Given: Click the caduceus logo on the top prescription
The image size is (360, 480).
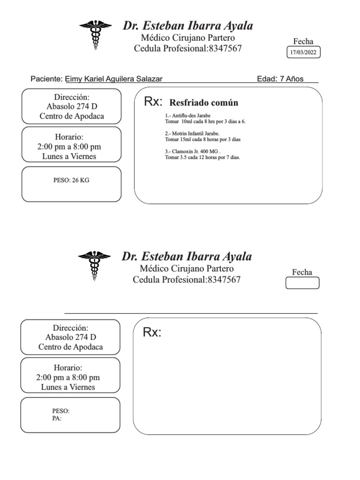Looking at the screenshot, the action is tap(95, 34).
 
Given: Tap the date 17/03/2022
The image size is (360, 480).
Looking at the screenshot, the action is tap(303, 52).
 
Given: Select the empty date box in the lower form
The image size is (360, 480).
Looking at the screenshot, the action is tap(302, 283).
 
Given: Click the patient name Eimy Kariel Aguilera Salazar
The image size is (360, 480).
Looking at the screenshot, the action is tap(114, 79).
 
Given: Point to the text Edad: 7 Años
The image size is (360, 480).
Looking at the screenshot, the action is tap(280, 79).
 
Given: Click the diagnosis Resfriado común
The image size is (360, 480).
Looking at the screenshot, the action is tap(203, 103).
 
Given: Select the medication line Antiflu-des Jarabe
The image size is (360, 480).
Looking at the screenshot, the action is tap(187, 115).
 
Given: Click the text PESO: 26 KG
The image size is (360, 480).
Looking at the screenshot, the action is tap(71, 180).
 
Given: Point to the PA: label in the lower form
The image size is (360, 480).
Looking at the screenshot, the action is tap(57, 419).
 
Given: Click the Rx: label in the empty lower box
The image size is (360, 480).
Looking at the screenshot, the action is tap(152, 333).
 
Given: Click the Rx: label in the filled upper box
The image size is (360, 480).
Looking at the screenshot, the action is tap(153, 102).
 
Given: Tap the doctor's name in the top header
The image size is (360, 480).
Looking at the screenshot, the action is tap(188, 26).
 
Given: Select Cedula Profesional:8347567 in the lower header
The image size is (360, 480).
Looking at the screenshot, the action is tap(187, 280).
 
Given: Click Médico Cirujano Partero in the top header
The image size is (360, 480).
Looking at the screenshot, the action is tap(188, 38).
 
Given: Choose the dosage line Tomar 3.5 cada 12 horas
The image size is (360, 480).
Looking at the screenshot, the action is tap(202, 157).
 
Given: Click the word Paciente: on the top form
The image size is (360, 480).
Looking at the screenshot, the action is tap(46, 79).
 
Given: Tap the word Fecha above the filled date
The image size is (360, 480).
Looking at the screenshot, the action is tap(303, 41).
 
